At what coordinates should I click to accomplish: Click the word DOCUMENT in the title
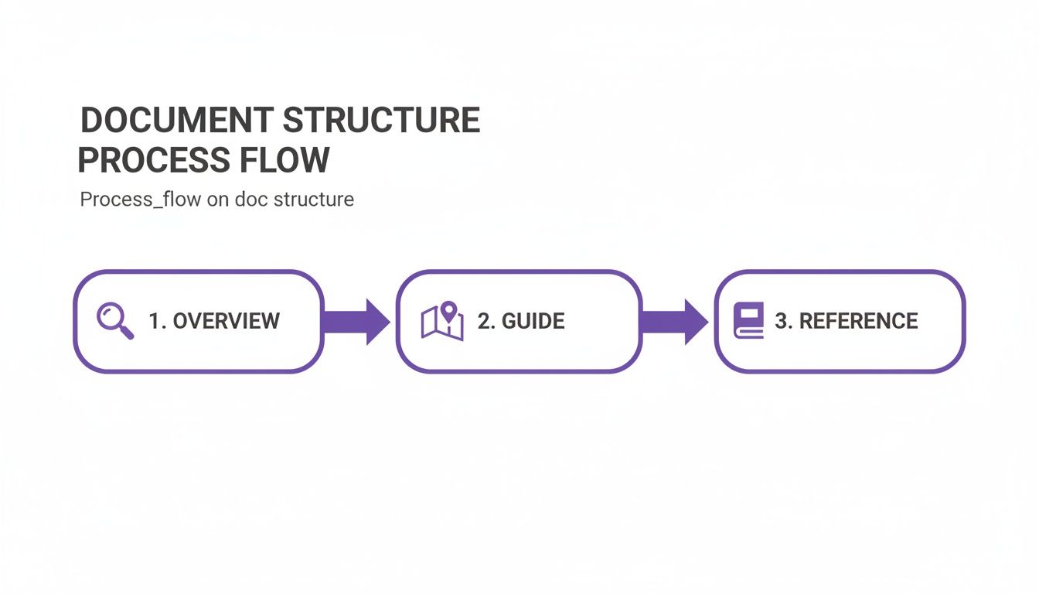[176, 121]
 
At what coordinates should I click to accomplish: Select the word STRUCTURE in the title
[381, 121]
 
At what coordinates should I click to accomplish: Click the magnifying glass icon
[115, 321]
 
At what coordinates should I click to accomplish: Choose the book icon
[749, 320]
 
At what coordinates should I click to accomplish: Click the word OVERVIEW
[226, 321]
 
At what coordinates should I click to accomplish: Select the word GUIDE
[533, 321]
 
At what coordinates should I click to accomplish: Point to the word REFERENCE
[858, 321]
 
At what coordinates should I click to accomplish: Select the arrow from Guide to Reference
[675, 321]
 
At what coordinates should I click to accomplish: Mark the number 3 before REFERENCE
[782, 321]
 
